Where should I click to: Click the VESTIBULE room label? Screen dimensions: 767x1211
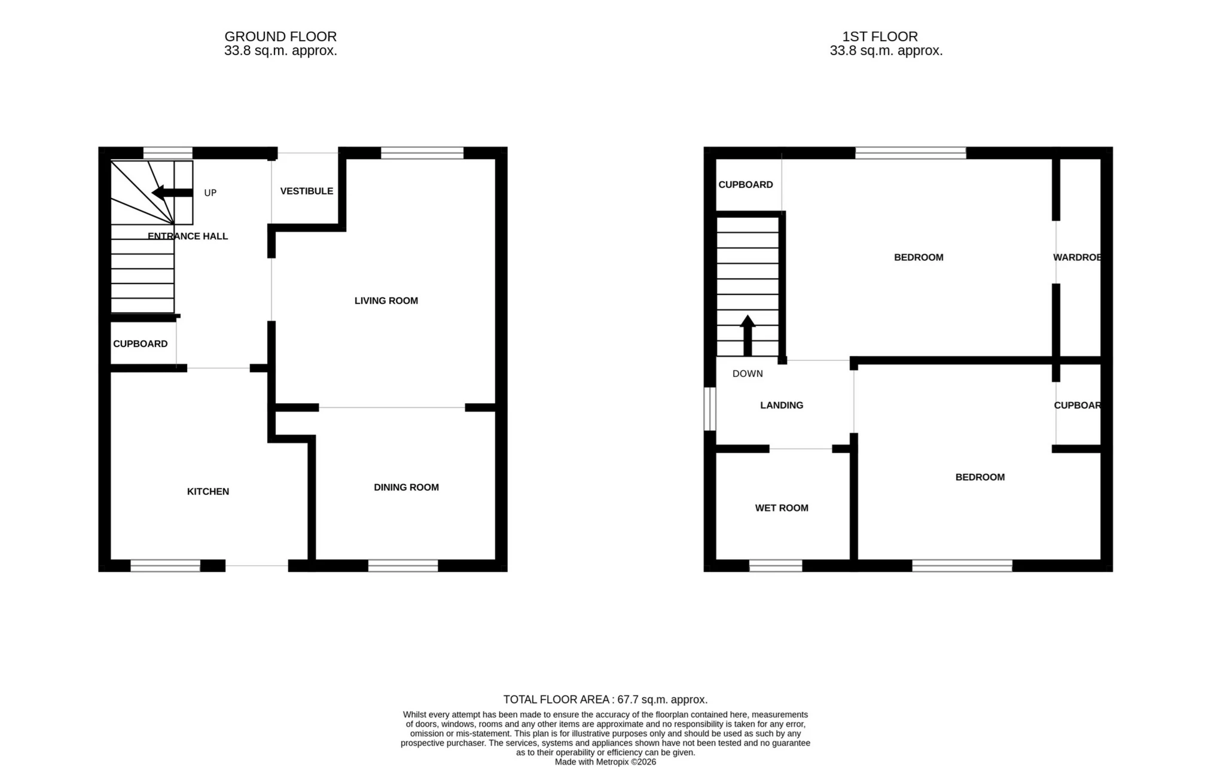click(306, 191)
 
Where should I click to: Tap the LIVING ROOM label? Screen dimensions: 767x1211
click(386, 300)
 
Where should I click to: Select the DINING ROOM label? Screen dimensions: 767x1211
click(406, 487)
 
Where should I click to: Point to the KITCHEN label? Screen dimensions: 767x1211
click(208, 491)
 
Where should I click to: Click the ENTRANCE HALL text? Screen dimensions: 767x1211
click(188, 236)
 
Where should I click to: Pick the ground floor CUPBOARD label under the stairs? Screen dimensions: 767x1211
click(140, 343)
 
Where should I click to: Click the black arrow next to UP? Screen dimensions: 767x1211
click(172, 193)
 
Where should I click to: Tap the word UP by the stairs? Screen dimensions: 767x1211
click(210, 193)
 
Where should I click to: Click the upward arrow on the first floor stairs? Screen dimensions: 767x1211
click(748, 335)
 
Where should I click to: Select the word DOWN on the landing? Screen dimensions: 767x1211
click(748, 373)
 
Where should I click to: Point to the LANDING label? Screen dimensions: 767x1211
click(781, 405)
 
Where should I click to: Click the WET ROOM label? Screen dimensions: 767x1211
click(781, 508)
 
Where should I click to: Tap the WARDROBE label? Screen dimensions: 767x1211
click(1077, 257)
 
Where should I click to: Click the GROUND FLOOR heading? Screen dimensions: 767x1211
click(280, 36)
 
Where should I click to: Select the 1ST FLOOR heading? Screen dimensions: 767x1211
click(880, 36)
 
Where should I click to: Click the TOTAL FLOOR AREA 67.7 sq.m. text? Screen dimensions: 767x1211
click(605, 699)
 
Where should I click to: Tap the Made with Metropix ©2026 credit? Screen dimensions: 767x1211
click(605, 762)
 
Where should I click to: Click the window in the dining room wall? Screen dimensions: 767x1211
click(402, 565)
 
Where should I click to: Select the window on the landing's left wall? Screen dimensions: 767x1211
click(709, 409)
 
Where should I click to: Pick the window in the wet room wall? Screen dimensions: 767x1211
click(775, 565)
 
